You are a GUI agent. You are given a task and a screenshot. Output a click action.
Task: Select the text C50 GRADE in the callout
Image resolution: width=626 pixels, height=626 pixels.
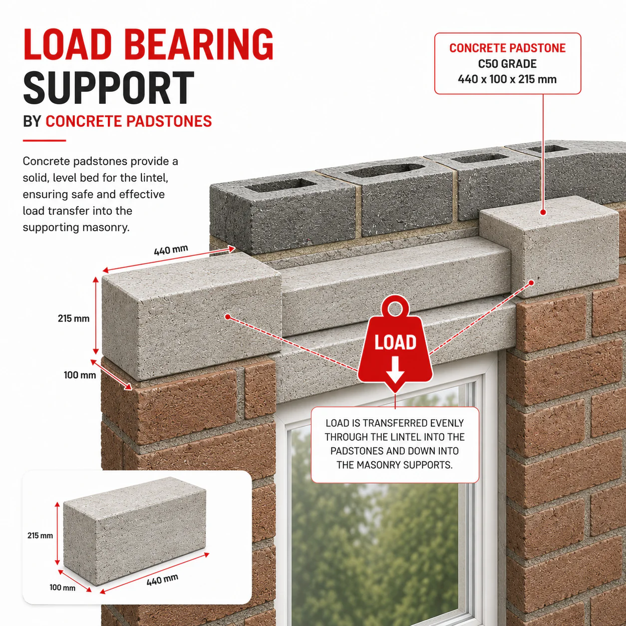[x=507, y=64]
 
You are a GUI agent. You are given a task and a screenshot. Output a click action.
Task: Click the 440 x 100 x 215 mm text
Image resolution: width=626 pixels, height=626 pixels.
[x=507, y=79]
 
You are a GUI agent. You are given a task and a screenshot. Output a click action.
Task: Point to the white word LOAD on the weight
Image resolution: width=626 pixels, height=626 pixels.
[x=395, y=342]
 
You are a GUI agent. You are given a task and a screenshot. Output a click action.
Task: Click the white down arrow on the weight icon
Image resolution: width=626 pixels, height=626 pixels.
[x=395, y=370]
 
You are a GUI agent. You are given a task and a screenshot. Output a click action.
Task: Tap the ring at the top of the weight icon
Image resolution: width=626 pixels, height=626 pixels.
[x=395, y=308]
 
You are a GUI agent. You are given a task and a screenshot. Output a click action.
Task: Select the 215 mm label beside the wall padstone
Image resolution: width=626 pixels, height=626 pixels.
[x=74, y=318]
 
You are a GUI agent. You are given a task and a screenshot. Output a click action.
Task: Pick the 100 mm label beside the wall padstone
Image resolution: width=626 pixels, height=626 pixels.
[x=80, y=375]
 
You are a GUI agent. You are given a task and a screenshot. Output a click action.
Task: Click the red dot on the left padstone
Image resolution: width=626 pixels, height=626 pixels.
[x=228, y=316]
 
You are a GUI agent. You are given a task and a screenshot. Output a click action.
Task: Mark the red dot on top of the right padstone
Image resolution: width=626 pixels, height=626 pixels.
[x=543, y=213]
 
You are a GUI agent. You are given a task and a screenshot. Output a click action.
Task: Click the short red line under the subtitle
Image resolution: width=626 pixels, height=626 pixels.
[x=44, y=141]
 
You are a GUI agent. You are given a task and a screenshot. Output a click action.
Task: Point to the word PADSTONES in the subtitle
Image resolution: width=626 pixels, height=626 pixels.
[x=169, y=121]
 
